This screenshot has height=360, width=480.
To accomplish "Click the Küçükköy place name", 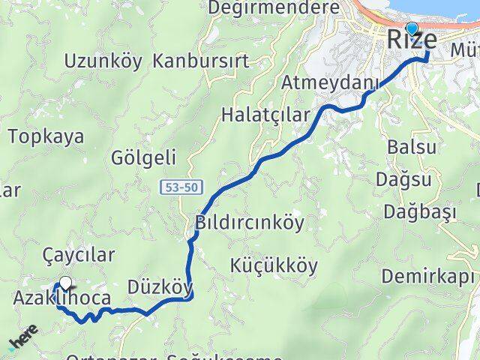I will [x=274, y=265].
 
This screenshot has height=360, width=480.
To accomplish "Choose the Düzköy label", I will [x=160, y=287].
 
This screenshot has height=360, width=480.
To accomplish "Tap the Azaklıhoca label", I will [x=61, y=298].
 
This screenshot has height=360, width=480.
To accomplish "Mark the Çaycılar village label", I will [x=79, y=255].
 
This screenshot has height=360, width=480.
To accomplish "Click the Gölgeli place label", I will [x=143, y=157].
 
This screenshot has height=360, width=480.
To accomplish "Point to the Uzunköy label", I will [x=103, y=61].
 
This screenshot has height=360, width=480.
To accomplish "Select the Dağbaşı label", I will [x=420, y=212].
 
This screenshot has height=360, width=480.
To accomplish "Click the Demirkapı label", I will [x=430, y=276].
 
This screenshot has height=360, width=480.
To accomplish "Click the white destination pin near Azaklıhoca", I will [x=66, y=283].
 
